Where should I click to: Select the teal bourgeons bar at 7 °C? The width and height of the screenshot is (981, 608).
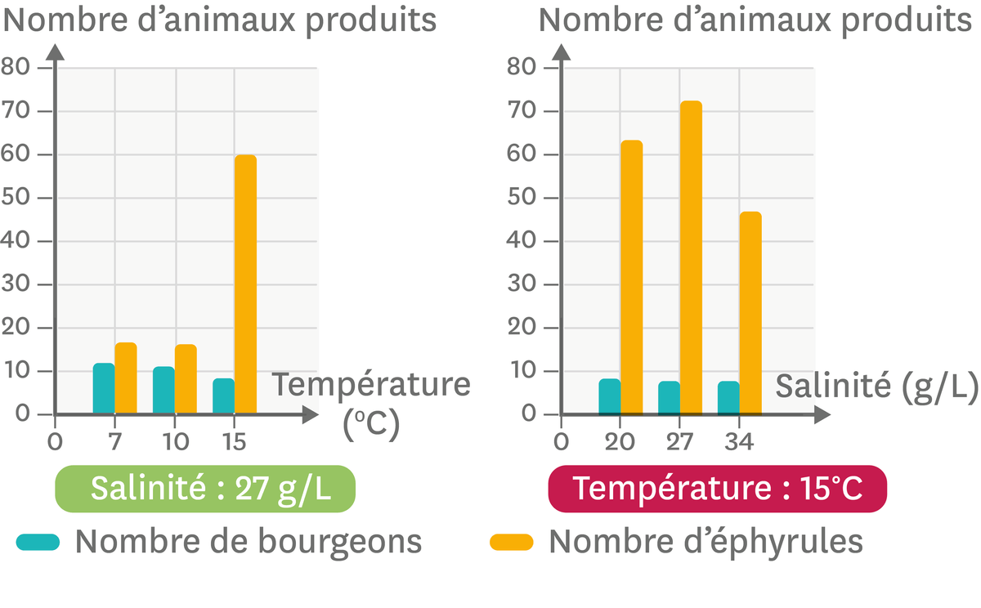pyautogui.click(x=104, y=389)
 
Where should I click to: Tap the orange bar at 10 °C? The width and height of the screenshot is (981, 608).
pyautogui.click(x=186, y=379)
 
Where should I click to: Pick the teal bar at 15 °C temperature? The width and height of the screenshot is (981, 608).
pyautogui.click(x=223, y=396)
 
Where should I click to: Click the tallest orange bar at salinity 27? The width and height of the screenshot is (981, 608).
pyautogui.click(x=691, y=257)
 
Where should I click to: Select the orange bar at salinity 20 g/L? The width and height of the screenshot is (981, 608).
pyautogui.click(x=631, y=278)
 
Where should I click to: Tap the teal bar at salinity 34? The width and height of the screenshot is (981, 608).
pyautogui.click(x=728, y=398)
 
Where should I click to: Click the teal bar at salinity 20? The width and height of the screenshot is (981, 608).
pyautogui.click(x=610, y=396)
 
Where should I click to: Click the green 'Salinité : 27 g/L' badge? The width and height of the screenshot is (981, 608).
pyautogui.click(x=205, y=489)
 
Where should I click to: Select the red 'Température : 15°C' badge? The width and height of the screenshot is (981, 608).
pyautogui.click(x=717, y=489)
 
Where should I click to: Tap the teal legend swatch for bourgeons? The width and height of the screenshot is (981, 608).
pyautogui.click(x=38, y=542)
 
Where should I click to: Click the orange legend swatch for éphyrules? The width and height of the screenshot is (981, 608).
pyautogui.click(x=511, y=542)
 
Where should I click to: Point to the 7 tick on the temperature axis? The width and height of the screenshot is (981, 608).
pyautogui.click(x=114, y=442)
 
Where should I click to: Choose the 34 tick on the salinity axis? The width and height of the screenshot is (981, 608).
pyautogui.click(x=739, y=442)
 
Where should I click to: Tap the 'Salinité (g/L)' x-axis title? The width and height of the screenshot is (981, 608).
pyautogui.click(x=876, y=386)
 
